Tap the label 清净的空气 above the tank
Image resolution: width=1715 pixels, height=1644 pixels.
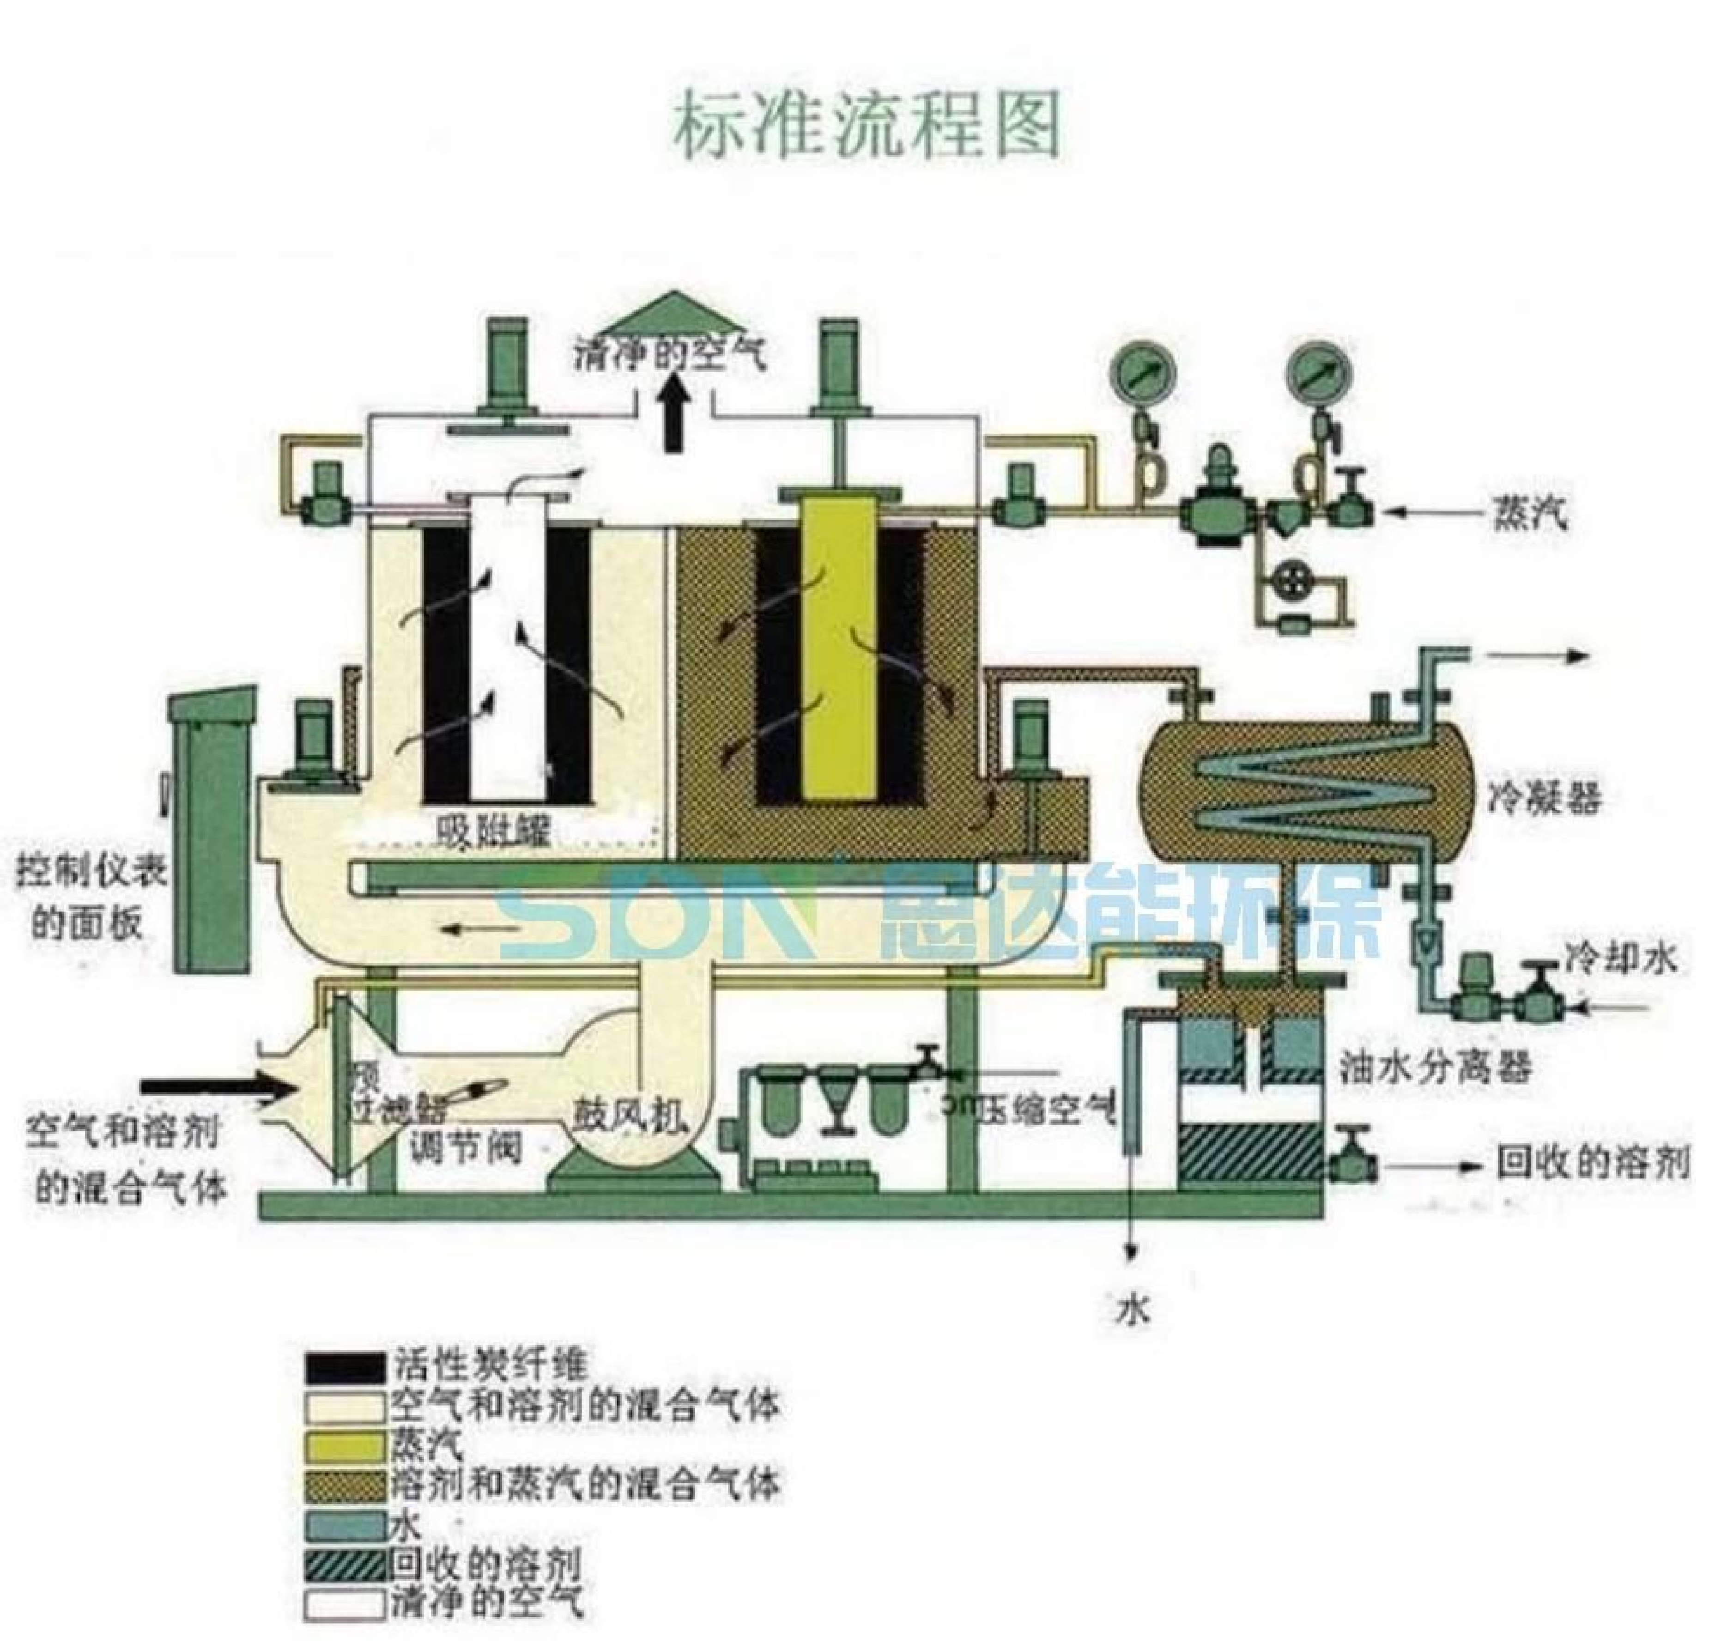[670, 354]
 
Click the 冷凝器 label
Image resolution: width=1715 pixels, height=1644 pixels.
[1545, 798]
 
